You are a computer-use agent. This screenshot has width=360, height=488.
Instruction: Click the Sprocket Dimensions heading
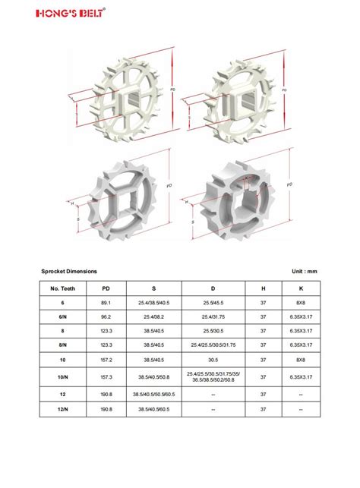coord(69,271)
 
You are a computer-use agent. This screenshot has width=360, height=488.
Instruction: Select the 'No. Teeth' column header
coord(62,288)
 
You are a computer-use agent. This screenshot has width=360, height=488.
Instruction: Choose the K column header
coord(301,288)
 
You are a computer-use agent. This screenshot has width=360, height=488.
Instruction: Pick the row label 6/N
coord(62,316)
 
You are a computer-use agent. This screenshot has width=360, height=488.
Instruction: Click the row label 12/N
coord(62,409)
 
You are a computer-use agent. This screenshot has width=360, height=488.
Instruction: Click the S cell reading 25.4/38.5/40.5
coord(153,303)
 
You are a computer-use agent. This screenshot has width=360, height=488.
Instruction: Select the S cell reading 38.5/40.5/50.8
coord(153,376)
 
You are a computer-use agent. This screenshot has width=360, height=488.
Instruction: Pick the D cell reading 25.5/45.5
coord(213,303)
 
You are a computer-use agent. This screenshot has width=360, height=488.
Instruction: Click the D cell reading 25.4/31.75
coord(213,316)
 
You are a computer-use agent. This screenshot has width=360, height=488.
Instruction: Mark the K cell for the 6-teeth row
coord(301,303)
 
